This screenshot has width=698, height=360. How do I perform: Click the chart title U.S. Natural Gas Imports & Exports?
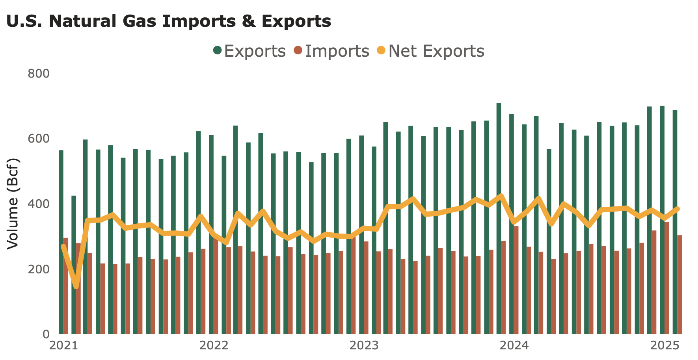[x=169, y=21]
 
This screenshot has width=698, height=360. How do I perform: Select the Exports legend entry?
[x=249, y=51]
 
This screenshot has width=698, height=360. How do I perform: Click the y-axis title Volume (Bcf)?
[x=13, y=203]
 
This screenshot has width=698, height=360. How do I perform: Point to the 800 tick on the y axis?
[x=38, y=74]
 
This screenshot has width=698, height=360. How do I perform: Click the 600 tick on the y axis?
[x=38, y=139]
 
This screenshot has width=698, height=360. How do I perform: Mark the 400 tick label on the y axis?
[x=38, y=204]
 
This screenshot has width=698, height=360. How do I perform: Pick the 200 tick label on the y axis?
[x=38, y=269]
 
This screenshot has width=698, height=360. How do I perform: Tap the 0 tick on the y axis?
[x=46, y=334]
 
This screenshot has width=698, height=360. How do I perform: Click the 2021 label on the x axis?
[x=63, y=346]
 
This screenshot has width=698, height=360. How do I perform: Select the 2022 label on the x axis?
[x=214, y=346]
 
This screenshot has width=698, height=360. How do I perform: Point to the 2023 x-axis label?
[x=364, y=346]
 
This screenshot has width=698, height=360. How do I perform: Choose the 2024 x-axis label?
[x=514, y=346]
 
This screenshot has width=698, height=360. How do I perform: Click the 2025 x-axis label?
[x=664, y=346]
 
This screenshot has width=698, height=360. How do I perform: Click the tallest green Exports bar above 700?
[x=499, y=219]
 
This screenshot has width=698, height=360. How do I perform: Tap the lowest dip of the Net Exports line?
[x=76, y=287]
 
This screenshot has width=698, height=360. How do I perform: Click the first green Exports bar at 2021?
[x=61, y=242]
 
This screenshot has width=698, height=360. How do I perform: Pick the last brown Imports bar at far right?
[x=679, y=284]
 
